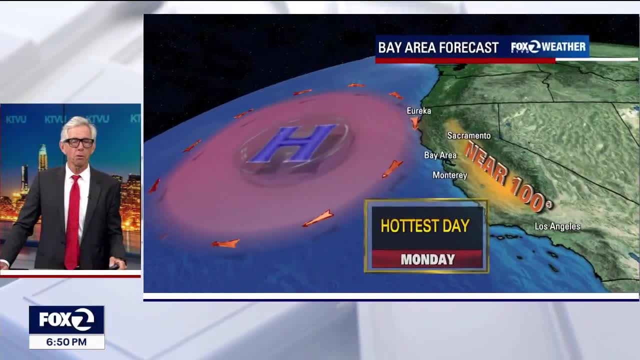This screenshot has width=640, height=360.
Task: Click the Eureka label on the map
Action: [418, 111]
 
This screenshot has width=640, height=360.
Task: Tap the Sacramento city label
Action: [468, 135]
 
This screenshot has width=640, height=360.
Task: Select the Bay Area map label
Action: [440, 155]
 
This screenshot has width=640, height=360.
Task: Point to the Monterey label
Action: [449, 175]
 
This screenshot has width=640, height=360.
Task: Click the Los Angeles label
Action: [557, 226]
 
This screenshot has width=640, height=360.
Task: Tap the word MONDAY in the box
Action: [427, 259]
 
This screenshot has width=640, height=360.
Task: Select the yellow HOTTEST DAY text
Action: [425, 226]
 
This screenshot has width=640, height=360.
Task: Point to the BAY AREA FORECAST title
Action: [438, 47]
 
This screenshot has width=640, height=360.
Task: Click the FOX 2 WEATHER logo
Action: [548, 47]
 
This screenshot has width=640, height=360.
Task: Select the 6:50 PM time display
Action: [66, 342]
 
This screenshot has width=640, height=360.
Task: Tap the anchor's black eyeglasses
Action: [79, 142]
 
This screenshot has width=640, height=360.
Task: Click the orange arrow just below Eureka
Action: [415, 122]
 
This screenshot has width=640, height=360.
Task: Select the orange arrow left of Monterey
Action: [392, 168]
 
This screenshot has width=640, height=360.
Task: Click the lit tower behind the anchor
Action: [43, 158]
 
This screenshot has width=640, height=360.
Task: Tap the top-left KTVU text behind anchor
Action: [15, 119]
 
